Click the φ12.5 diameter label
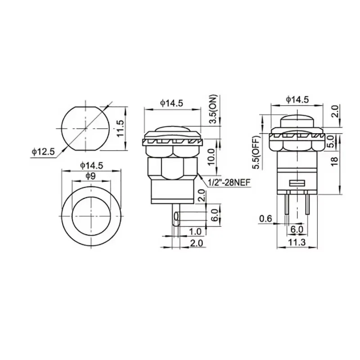[43, 152]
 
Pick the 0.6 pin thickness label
[266, 219]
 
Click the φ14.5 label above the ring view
[92, 165]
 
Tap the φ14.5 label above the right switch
[297, 99]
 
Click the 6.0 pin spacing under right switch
[297, 229]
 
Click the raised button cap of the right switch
[297, 121]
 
